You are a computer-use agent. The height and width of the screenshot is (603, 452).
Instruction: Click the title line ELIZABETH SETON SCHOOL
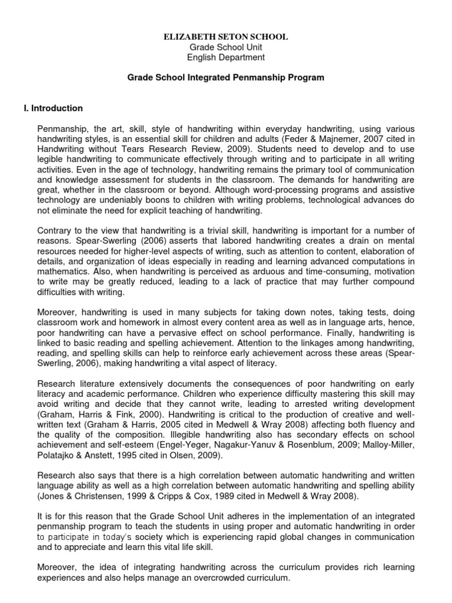click(x=226, y=37)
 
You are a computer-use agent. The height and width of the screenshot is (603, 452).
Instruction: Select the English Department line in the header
click(x=226, y=57)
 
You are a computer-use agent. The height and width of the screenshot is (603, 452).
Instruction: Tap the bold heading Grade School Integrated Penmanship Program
click(x=226, y=77)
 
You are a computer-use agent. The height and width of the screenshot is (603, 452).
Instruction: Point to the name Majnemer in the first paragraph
click(x=320, y=138)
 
